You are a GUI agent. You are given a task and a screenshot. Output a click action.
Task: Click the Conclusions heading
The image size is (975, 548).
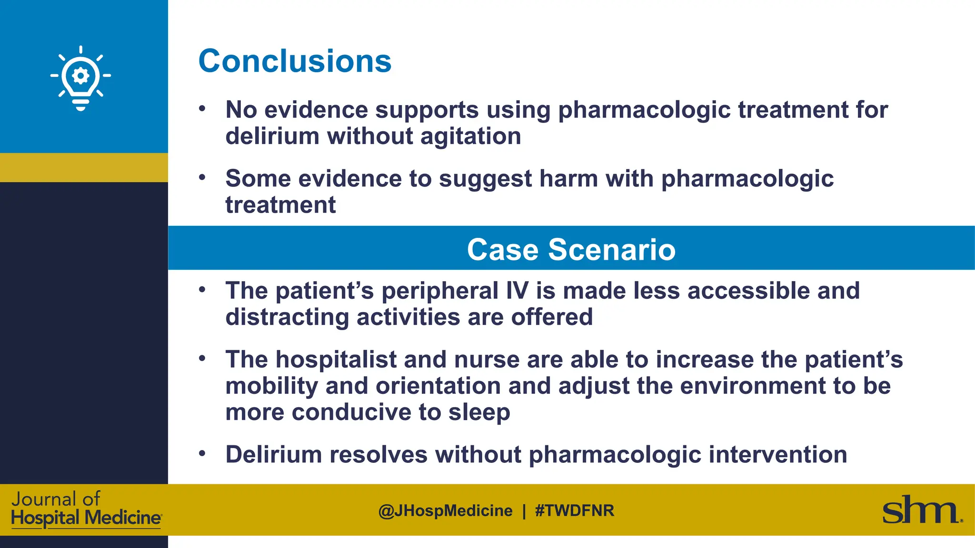(x=295, y=61)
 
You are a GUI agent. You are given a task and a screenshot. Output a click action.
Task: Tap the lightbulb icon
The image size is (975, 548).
(x=80, y=78)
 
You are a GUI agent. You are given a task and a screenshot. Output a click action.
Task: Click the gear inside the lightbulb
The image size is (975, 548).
(x=80, y=76)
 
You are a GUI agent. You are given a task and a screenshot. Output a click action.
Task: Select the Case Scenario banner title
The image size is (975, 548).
(x=571, y=250)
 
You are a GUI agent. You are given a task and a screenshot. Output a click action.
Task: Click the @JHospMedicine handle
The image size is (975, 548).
(x=445, y=511)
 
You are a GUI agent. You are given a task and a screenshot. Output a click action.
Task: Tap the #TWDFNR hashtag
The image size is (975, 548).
(x=575, y=511)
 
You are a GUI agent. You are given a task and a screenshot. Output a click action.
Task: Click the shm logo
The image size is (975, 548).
(x=921, y=510)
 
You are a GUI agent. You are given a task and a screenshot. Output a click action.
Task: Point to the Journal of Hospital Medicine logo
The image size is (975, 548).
(x=86, y=509)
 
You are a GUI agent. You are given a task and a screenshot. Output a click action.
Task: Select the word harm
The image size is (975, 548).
(x=568, y=179)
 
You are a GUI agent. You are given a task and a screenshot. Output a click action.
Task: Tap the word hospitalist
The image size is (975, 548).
(x=336, y=360)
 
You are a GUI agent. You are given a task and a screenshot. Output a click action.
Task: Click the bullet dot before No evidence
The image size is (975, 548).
(x=202, y=108)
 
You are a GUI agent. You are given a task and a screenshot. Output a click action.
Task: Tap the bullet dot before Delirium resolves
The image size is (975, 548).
(x=202, y=453)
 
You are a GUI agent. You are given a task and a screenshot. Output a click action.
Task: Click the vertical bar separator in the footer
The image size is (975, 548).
(x=524, y=511)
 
